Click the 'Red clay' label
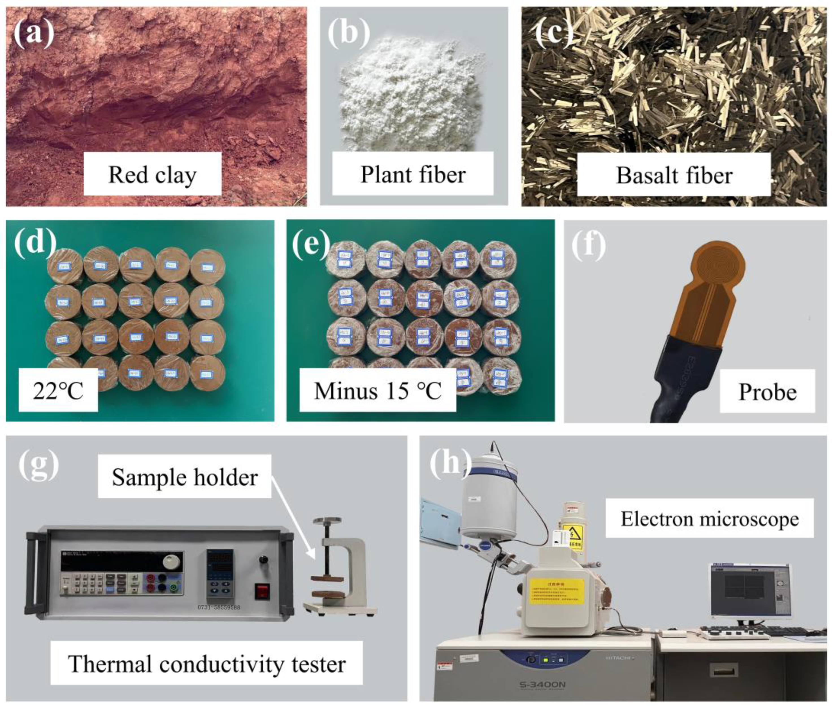tap(152, 174)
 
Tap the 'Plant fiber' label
tap(413, 174)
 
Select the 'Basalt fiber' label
tap(674, 175)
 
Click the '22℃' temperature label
tap(58, 390)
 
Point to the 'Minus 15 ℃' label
tap(378, 390)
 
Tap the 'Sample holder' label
tap(185, 477)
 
